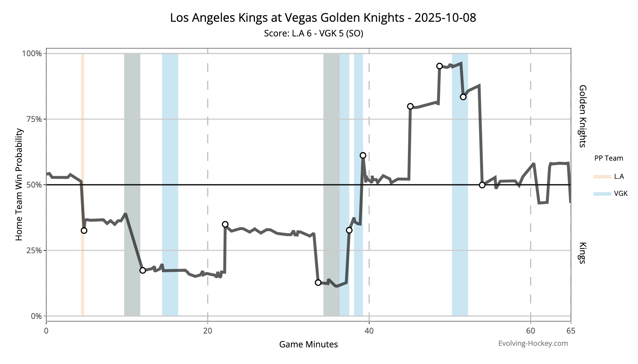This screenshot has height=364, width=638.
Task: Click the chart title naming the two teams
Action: click(x=323, y=18)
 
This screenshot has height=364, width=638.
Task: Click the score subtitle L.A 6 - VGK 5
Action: click(x=313, y=33)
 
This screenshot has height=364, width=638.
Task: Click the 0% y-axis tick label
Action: click(x=36, y=316)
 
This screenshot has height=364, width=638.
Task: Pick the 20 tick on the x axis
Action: click(x=208, y=331)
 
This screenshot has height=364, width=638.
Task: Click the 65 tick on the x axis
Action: click(x=570, y=331)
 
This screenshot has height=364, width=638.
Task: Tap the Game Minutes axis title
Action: click(x=308, y=344)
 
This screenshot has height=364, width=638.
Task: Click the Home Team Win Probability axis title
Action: click(x=19, y=184)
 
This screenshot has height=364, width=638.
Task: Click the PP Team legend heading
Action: click(x=608, y=158)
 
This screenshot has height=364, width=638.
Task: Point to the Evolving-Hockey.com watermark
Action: click(x=533, y=343)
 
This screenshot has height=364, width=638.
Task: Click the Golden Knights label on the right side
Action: click(x=582, y=116)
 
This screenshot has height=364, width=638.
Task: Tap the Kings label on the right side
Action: click(x=582, y=253)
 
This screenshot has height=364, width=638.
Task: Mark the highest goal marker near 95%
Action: click(x=439, y=66)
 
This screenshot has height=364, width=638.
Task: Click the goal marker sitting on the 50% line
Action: click(x=482, y=185)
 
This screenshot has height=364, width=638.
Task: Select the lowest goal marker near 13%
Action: click(x=318, y=282)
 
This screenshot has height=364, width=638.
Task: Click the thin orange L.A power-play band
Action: click(x=82, y=184)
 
